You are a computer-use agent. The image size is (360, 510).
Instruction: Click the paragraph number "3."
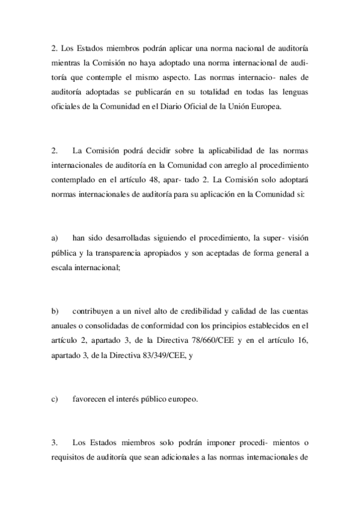tap(54, 443)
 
